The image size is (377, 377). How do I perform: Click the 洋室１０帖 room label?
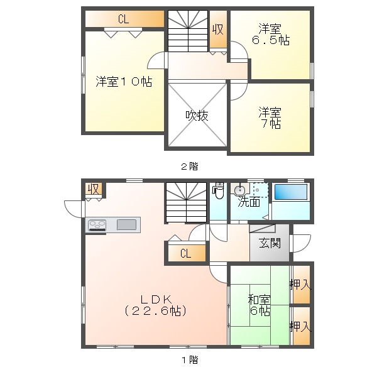[124, 82]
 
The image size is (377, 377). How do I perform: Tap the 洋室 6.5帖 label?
[270, 34]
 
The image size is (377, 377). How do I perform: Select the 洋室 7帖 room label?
[270, 118]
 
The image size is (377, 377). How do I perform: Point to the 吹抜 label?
[197, 116]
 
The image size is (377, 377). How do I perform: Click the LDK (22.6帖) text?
[156, 305]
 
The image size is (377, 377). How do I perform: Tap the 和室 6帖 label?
[260, 305]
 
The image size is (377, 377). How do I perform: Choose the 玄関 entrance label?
[270, 243]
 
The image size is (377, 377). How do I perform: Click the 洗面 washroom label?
[249, 202]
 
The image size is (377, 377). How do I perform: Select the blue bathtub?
[291, 192]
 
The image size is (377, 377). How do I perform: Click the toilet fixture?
[218, 190]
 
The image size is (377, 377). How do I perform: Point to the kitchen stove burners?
[97, 226]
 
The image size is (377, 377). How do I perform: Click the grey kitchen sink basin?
[126, 224]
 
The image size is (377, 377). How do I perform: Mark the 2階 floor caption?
[190, 167]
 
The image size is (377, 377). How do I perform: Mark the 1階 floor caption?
[190, 360]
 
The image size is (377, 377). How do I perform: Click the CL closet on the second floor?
[124, 19]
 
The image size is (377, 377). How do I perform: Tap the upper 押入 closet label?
[300, 285]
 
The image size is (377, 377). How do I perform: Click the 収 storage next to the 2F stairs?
[218, 30]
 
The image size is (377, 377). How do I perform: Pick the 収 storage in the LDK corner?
[93, 189]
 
